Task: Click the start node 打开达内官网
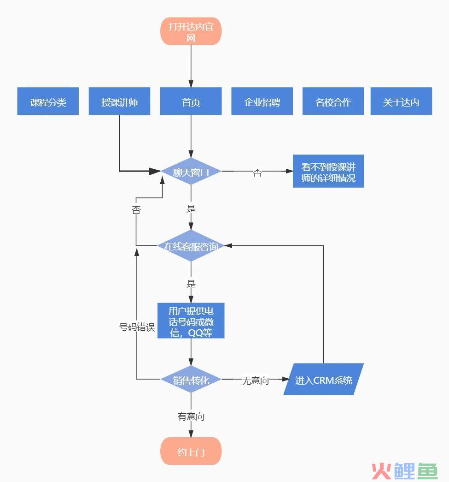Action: (x=191, y=31)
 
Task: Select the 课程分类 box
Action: (x=48, y=101)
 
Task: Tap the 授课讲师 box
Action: (x=119, y=101)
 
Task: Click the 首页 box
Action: (x=191, y=101)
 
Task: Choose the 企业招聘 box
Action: (x=262, y=101)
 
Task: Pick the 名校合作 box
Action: (x=333, y=101)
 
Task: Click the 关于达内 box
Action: (x=401, y=101)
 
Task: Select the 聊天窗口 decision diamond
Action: (x=191, y=171)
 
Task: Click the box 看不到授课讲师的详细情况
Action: (x=328, y=171)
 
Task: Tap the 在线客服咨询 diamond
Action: (x=191, y=245)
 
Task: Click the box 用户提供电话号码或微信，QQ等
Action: (x=191, y=321)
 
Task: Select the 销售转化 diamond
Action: (x=191, y=379)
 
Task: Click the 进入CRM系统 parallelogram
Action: (x=323, y=379)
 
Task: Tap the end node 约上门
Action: (x=191, y=451)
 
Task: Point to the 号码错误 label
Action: (x=137, y=327)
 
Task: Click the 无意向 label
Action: (x=255, y=381)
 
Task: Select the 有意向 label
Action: (x=191, y=417)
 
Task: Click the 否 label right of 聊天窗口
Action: (x=257, y=173)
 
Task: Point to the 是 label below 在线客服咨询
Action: (x=191, y=283)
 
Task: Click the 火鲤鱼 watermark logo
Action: (x=404, y=470)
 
